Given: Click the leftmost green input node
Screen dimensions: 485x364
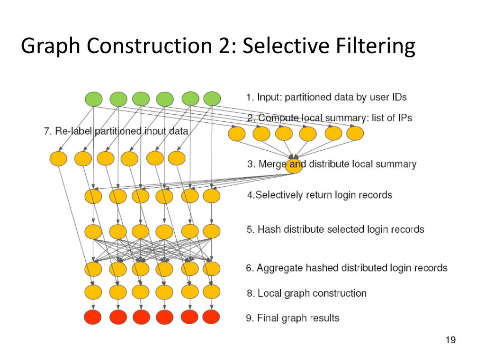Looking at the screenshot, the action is pos(94,99).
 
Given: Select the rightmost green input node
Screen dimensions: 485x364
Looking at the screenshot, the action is pos(212,99).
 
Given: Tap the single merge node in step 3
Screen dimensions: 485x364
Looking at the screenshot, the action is pos(294,166).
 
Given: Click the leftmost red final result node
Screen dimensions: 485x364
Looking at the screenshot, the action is pos(93,317).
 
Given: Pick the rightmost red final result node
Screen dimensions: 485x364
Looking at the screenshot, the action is pos(211,317).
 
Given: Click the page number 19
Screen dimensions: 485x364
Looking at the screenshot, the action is pos(451,340).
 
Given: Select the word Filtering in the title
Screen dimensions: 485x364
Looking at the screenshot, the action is pos(375,46).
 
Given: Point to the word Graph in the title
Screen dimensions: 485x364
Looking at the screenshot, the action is pos(50,46).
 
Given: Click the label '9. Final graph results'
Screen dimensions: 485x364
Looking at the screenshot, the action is pos(293,318).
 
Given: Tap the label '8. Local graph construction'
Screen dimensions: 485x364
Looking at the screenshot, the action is pos(306,293).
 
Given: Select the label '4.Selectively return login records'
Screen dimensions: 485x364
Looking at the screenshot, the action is pos(320,195).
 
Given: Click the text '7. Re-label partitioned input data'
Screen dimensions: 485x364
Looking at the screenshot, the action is pos(116,131).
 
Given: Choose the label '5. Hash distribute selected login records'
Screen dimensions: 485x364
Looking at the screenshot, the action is pos(336,229).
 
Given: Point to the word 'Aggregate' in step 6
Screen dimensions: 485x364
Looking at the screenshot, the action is pos(279,268).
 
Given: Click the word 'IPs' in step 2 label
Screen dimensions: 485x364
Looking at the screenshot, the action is pos(405,118).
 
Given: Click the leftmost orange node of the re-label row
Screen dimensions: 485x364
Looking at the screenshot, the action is pos(58,158).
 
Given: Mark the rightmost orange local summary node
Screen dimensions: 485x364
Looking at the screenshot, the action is pos(355,133).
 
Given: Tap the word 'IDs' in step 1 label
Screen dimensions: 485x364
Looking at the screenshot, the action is pos(399,97).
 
